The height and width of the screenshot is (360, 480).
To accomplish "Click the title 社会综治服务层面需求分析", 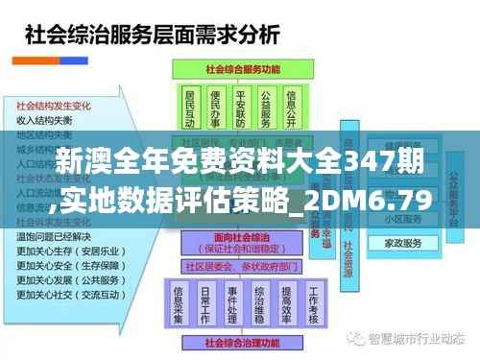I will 151,37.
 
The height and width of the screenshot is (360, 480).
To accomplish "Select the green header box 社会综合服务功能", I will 237,71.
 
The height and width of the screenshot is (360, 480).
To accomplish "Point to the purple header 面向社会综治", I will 239,240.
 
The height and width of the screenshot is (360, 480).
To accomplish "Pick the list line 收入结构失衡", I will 44,121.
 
